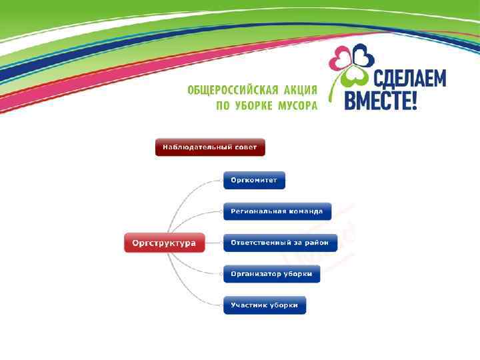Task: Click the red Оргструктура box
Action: [164, 243]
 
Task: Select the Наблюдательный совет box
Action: [210, 147]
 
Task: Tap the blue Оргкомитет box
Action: [254, 181]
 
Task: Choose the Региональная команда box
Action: [277, 211]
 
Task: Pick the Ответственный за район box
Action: [280, 243]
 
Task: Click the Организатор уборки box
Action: [271, 274]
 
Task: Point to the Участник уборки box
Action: [264, 305]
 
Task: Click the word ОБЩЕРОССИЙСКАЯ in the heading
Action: [231, 91]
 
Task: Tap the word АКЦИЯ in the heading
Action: [298, 91]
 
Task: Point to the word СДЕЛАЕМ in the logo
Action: [409, 79]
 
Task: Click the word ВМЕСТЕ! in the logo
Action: [381, 101]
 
